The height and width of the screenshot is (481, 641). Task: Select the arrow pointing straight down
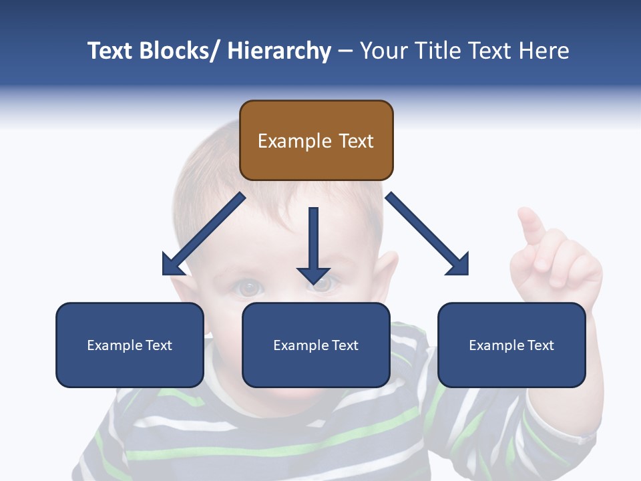click(x=314, y=245)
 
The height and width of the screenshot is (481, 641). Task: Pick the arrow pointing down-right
click(x=428, y=234)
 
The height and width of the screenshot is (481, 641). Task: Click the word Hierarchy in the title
click(x=279, y=51)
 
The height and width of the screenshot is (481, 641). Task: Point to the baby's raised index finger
click(x=531, y=224)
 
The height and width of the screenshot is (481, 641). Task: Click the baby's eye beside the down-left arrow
click(x=248, y=287)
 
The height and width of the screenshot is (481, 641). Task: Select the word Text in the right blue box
click(x=540, y=345)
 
